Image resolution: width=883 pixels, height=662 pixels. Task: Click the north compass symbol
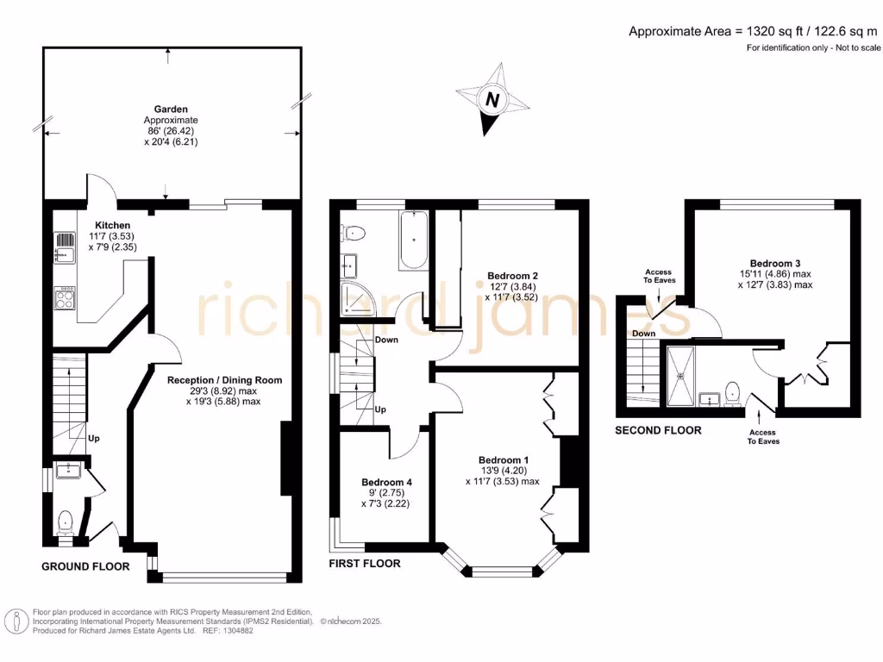pos(492,100)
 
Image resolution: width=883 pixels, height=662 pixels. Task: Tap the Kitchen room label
pos(112,225)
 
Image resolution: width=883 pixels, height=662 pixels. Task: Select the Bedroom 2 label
pos(508,276)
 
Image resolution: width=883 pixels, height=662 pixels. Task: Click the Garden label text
pos(171,109)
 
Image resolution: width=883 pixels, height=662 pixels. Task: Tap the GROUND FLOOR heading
pos(86,566)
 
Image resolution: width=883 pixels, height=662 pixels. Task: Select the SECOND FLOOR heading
pos(658,429)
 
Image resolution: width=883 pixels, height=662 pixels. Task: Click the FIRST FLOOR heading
pos(365,563)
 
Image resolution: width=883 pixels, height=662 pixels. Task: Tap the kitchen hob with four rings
pos(65,299)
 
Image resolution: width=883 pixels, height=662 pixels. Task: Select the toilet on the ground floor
pos(65,521)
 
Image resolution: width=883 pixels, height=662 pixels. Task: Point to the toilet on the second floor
pos(733,392)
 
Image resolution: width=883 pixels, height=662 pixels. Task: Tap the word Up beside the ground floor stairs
pos(94,438)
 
